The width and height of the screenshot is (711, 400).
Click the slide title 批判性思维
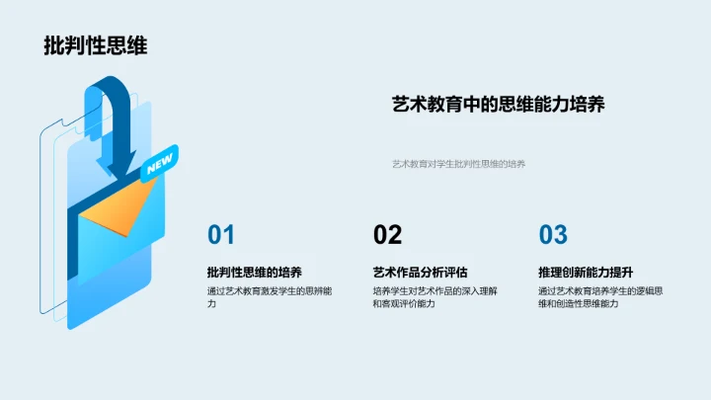96,45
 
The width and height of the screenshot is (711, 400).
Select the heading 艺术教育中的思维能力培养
498,104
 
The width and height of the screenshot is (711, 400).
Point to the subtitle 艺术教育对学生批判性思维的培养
458,164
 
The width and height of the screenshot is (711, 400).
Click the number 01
221,235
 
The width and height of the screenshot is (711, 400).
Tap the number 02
387,235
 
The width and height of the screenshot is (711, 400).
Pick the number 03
553,235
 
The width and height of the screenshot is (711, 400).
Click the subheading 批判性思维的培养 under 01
255,272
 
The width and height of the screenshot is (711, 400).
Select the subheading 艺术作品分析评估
420,272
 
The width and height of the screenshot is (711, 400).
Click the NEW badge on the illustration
158,167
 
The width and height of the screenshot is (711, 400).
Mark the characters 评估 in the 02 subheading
455,272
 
